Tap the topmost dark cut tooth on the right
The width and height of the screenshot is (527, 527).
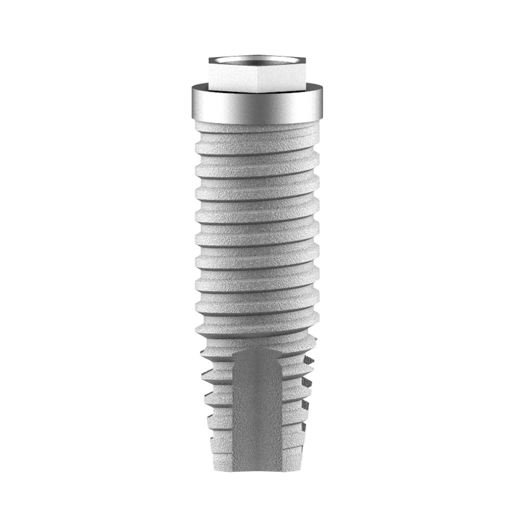point(309,360)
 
